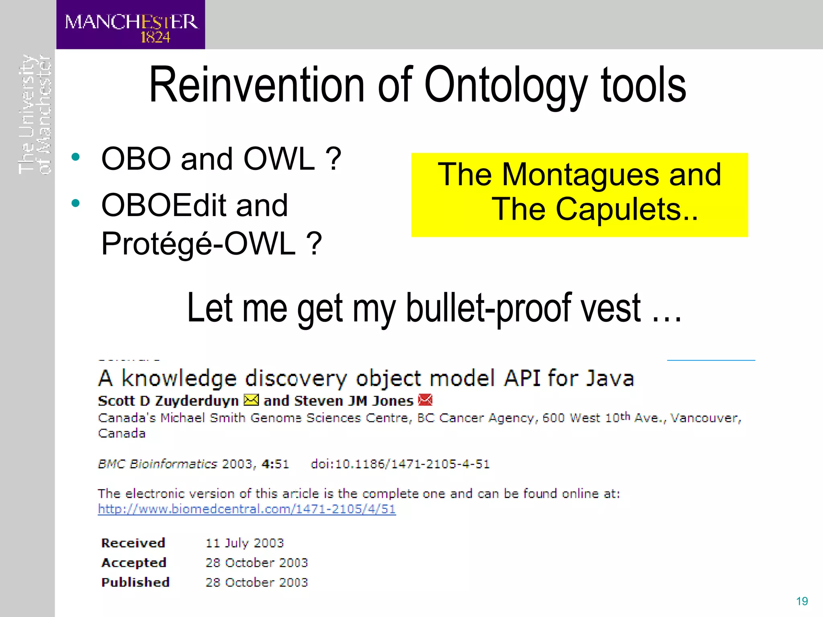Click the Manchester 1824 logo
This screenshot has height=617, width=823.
pos(131,25)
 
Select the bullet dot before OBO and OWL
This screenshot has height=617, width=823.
pos(76,157)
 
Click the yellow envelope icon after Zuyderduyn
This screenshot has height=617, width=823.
pos(252,400)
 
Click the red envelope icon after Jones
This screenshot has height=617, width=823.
pos(425,400)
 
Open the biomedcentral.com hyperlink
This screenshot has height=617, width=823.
pos(247,509)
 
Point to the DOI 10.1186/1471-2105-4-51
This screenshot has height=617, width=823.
pos(400,464)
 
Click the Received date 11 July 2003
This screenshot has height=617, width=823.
pos(245,543)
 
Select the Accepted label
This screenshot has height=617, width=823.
pos(134,563)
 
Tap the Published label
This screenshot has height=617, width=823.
pos(135,582)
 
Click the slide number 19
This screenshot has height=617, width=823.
pos(802,601)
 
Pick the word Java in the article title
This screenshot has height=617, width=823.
pos(610,378)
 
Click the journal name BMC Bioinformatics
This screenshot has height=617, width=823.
pos(158,464)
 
